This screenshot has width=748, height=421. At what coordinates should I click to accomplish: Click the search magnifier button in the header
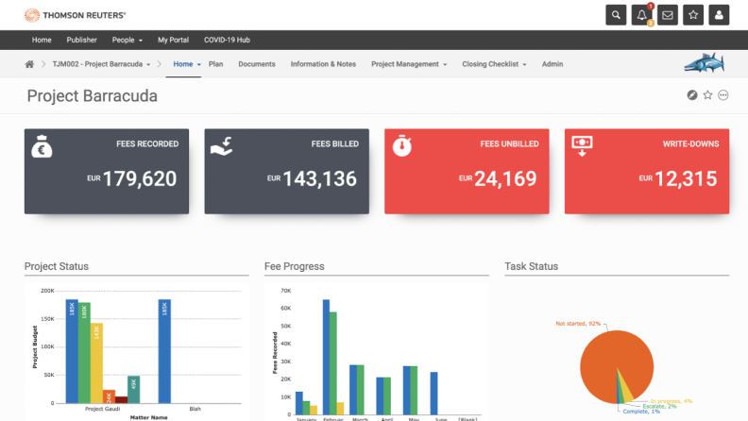point(617,15)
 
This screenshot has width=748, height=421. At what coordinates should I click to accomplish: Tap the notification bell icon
point(642,15)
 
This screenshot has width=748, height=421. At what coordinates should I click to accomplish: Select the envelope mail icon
point(668,15)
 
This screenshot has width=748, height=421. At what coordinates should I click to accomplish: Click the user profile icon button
point(719,15)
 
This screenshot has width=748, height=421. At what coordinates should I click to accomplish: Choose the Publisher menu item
point(82,40)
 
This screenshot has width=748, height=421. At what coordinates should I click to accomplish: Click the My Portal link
point(173,40)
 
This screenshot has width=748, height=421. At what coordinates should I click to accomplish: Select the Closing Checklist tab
point(495,64)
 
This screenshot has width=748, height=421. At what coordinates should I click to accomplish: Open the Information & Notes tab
point(323,64)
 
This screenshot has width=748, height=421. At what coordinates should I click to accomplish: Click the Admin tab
point(552,64)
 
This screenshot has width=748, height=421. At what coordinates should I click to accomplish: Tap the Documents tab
point(257,64)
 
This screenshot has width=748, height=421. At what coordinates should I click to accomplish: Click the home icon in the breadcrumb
point(29,64)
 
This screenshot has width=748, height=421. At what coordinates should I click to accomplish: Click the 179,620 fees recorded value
point(139,178)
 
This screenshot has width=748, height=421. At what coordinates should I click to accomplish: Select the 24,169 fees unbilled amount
point(504,178)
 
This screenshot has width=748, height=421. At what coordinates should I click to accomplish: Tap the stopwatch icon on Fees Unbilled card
point(402,146)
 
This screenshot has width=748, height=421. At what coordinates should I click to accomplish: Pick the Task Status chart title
point(532,266)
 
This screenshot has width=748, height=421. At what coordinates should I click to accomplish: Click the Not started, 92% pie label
point(579,324)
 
